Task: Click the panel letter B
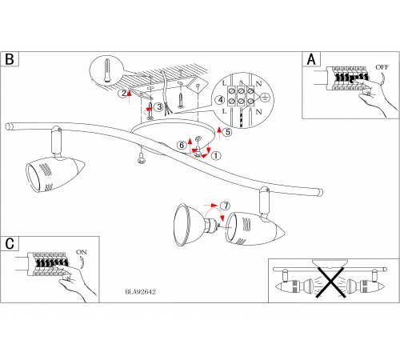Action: [x=10, y=59]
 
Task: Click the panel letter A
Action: [x=311, y=59]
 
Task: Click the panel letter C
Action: [x=10, y=243]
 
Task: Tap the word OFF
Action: [x=382, y=67]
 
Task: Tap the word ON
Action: [x=82, y=252]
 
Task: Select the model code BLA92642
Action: [x=140, y=292]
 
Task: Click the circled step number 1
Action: [x=216, y=155]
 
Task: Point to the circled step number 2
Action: [x=124, y=94]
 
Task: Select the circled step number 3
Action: [x=159, y=107]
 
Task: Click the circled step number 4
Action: [x=221, y=100]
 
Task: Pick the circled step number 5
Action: [x=227, y=132]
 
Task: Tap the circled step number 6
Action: [x=182, y=146]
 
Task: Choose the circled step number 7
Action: [x=226, y=206]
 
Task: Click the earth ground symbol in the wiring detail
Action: [x=265, y=96]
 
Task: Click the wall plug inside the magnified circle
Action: [x=106, y=70]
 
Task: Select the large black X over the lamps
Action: [x=330, y=282]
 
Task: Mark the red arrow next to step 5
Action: [x=219, y=134]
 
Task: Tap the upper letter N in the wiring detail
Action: [x=258, y=84]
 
